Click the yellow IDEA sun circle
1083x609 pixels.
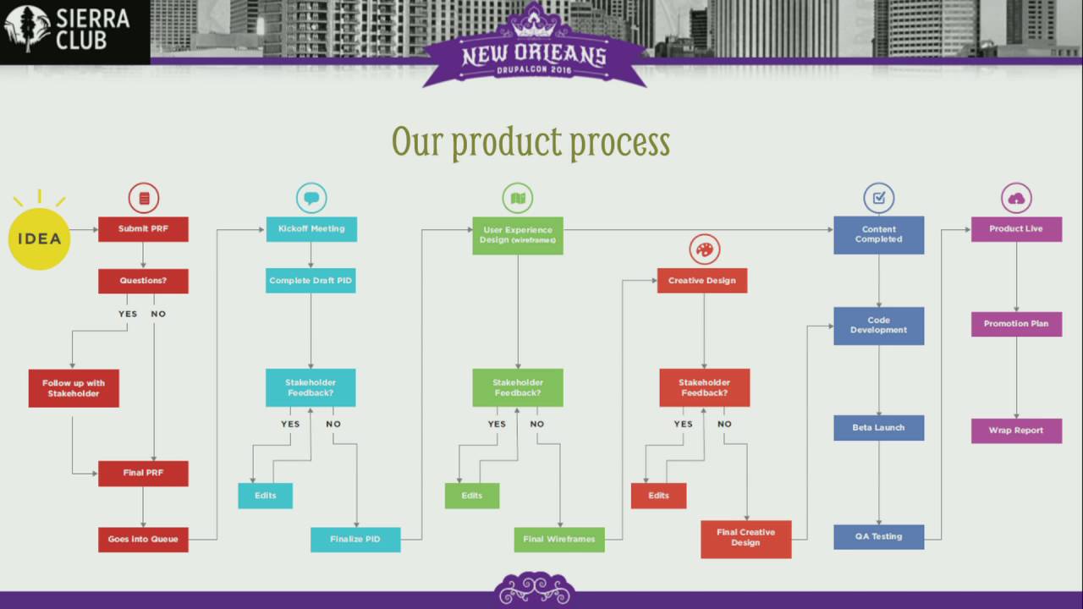pyautogui.click(x=40, y=238)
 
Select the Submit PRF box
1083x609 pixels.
pyautogui.click(x=143, y=229)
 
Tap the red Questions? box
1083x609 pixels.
pyautogui.click(x=143, y=281)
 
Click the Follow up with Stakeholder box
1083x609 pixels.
pyautogui.click(x=74, y=388)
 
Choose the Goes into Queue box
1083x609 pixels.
pyautogui.click(x=143, y=539)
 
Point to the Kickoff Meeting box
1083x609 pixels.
pyautogui.click(x=311, y=229)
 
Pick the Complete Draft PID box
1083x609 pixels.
pyautogui.click(x=311, y=281)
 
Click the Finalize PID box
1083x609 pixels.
pyautogui.click(x=355, y=539)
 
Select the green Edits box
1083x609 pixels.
pyautogui.click(x=472, y=496)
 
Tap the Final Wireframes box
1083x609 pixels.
pyautogui.click(x=559, y=539)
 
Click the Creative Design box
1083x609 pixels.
pyautogui.click(x=702, y=281)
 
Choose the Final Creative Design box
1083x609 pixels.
pyautogui.click(x=746, y=538)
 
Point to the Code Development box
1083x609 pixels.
pyautogui.click(x=879, y=326)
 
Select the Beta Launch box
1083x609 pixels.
pyautogui.click(x=879, y=428)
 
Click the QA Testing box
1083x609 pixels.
pyautogui.click(x=879, y=536)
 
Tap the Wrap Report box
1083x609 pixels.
pyautogui.click(x=1016, y=431)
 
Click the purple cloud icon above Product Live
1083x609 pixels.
pyautogui.click(x=1016, y=199)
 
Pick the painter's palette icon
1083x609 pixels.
pyautogui.click(x=704, y=250)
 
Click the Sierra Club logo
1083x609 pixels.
pyautogui.click(x=68, y=30)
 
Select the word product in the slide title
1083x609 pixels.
pyautogui.click(x=505, y=142)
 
